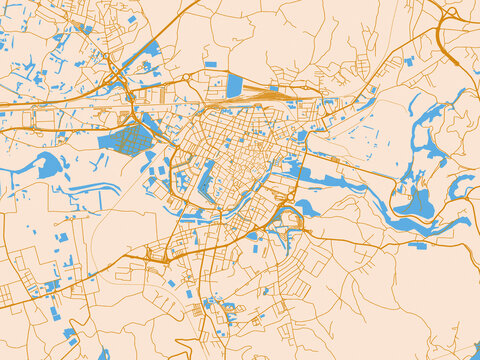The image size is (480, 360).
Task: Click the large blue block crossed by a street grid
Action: point(124,138)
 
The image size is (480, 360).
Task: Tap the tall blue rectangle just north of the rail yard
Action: point(234,85)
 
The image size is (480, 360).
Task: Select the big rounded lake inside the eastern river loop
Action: point(416,205)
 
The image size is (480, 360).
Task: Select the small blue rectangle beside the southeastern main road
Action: point(417,245)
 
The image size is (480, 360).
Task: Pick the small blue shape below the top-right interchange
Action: point(409,61)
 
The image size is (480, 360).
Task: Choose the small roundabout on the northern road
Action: point(187,76)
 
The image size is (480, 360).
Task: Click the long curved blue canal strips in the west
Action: point(95,188)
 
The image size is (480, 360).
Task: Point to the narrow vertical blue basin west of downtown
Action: point(207,180)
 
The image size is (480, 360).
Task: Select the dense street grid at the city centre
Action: point(240,150)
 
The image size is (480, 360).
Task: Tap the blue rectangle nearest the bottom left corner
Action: point(68,333)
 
